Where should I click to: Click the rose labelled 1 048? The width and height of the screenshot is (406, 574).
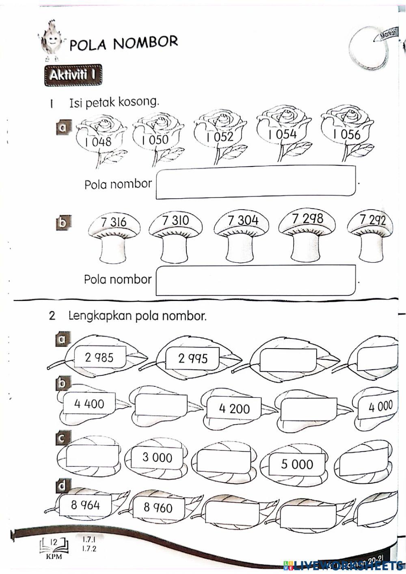pyautogui.click(x=100, y=138)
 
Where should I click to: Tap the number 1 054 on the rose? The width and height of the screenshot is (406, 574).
pyautogui.click(x=283, y=134)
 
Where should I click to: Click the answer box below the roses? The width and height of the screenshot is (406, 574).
pyautogui.click(x=256, y=183)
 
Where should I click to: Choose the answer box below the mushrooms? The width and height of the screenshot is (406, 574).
pyautogui.click(x=256, y=280)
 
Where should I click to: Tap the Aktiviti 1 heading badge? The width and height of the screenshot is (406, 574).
pyautogui.click(x=73, y=76)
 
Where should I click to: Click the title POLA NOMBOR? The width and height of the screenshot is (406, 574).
pyautogui.click(x=124, y=43)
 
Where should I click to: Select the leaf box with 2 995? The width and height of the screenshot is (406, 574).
pyautogui.click(x=193, y=358)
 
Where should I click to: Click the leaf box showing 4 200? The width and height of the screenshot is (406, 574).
pyautogui.click(x=234, y=408)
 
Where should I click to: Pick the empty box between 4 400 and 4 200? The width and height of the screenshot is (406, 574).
pyautogui.click(x=161, y=404)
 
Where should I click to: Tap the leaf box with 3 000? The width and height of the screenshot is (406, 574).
pyautogui.click(x=157, y=457)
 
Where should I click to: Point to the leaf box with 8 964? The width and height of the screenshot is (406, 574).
pyautogui.click(x=85, y=505)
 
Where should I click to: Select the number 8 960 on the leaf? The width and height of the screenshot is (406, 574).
pyautogui.click(x=158, y=507)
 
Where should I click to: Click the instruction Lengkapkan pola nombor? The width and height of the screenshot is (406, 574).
pyautogui.click(x=137, y=316)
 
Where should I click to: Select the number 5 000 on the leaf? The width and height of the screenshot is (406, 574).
pyautogui.click(x=297, y=464)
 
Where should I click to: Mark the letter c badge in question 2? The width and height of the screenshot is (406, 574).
pyautogui.click(x=63, y=438)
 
